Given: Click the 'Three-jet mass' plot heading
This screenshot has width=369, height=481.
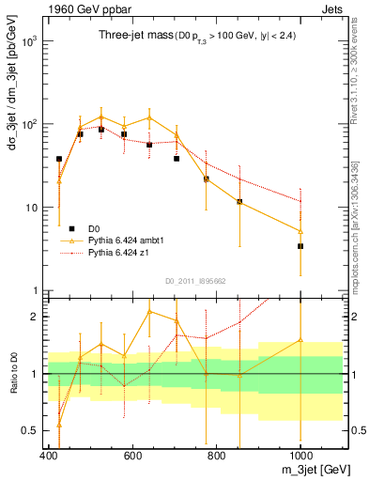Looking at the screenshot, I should (x=131, y=35).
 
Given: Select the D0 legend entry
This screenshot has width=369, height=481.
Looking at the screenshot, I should (x=95, y=228).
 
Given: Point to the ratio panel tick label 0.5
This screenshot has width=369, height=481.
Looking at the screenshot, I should (x=31, y=431).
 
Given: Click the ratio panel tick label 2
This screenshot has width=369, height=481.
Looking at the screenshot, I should (x=36, y=317).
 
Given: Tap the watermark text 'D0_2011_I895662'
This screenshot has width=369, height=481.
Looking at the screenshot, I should (x=195, y=280).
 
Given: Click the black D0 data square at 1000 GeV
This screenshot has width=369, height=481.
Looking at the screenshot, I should (x=300, y=246).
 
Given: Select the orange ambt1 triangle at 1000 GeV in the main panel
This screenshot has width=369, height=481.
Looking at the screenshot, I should (x=300, y=231).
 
